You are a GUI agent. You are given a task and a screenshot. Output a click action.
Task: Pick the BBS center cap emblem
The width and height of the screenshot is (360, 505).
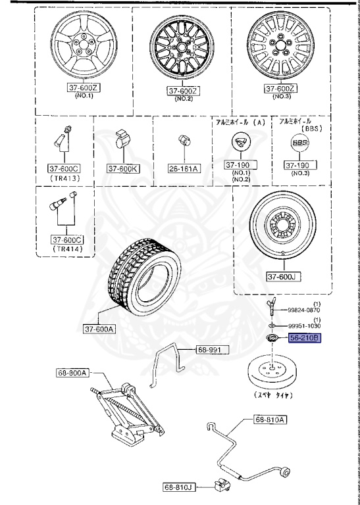[299, 143]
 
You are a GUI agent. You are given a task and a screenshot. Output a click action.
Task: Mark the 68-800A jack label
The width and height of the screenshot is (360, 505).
[76, 373]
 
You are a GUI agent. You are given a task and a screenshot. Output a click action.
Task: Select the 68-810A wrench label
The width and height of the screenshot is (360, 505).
[270, 420]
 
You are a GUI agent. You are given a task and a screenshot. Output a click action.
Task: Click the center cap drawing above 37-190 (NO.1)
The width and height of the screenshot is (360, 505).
[242, 142]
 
